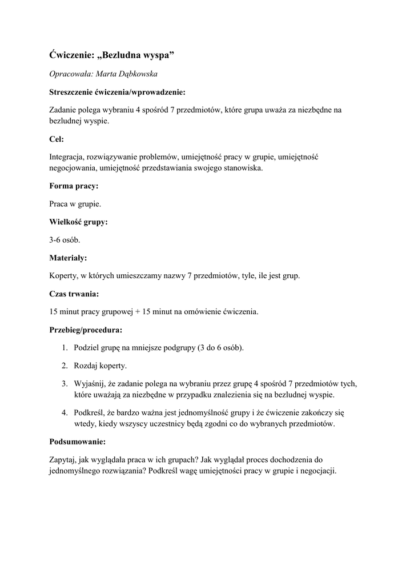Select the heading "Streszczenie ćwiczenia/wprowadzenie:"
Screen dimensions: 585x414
117,91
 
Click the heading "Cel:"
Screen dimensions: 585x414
57,138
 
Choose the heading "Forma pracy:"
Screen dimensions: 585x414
74,186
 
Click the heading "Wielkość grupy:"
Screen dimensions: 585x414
78,222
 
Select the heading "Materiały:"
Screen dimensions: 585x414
68,258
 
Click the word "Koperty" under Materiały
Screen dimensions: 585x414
64,276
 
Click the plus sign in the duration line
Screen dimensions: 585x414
138,312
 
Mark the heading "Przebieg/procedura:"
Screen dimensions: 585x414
86,330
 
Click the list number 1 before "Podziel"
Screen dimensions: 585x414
64,348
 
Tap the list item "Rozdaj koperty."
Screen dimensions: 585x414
101,366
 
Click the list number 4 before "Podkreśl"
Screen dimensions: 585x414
64,412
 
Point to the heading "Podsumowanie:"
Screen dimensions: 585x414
78,442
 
